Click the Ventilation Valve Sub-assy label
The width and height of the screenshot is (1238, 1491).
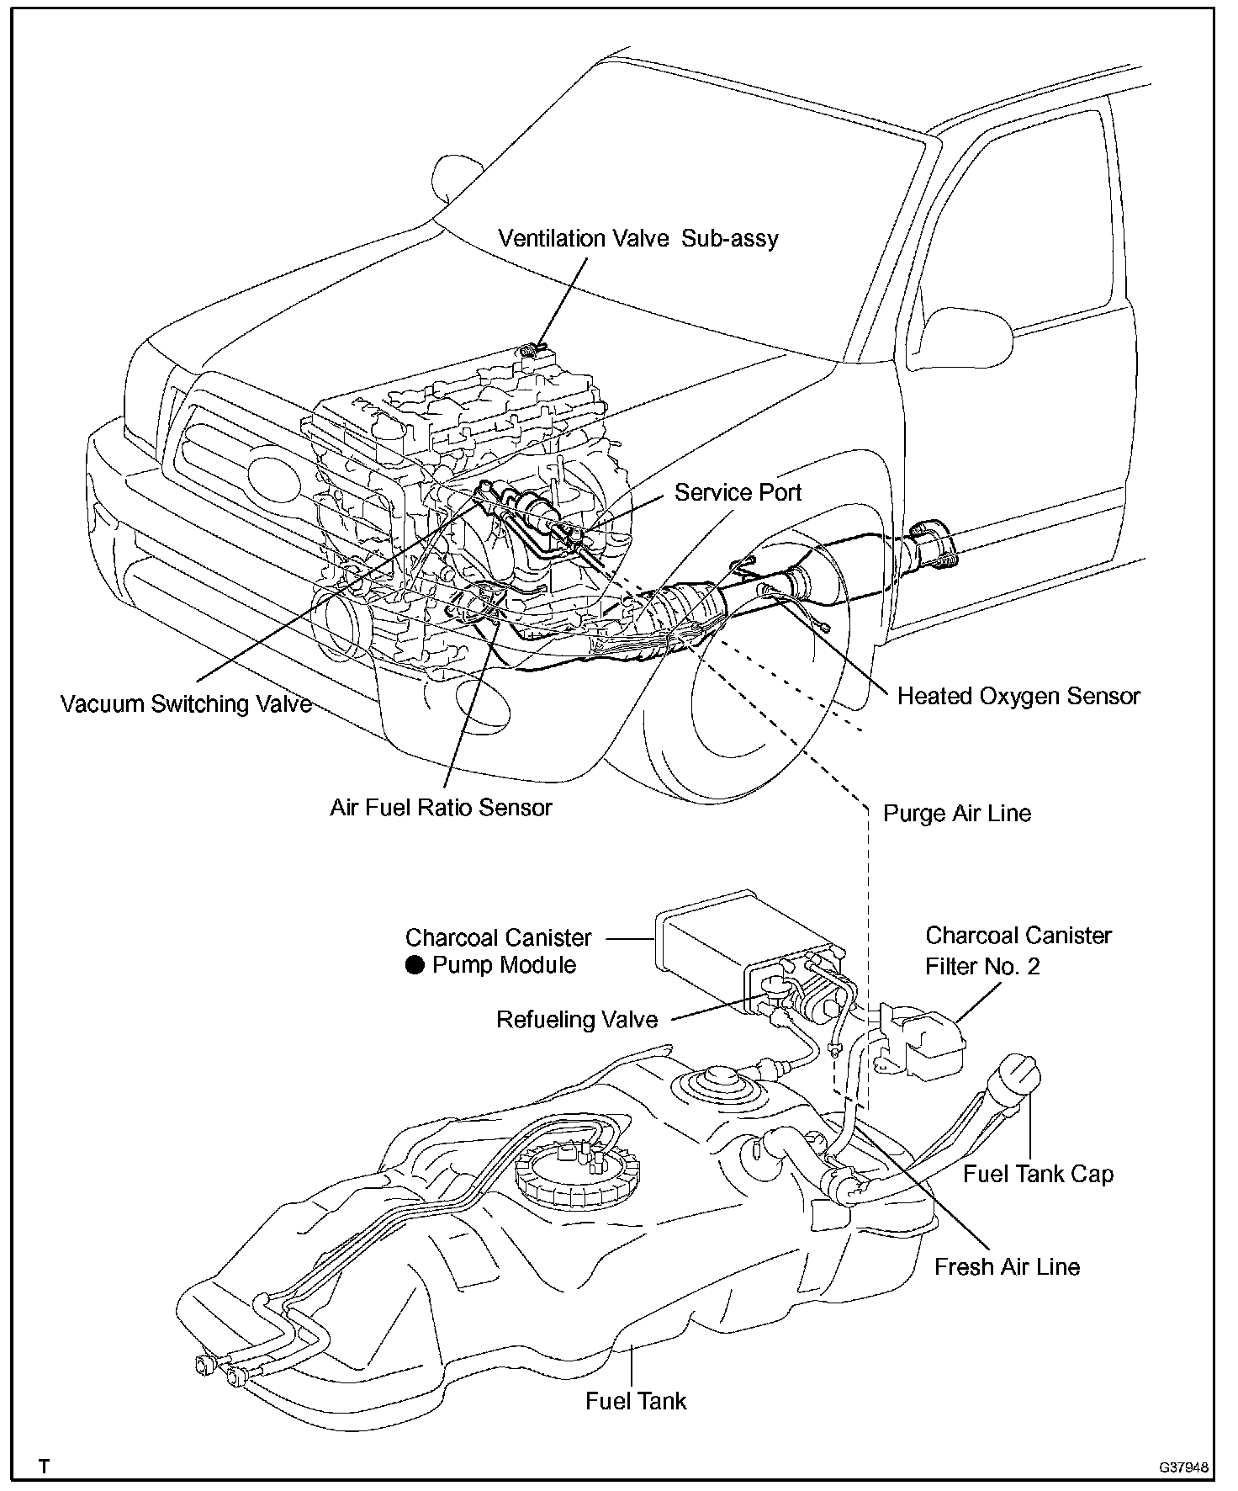point(638,238)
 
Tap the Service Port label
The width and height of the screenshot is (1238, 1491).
point(738,492)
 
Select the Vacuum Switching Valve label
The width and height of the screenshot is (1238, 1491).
point(186,703)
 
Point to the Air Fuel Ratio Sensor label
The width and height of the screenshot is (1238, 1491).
point(441,808)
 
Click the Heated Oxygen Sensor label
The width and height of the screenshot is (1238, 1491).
point(1018,697)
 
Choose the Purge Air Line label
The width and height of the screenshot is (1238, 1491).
point(956,814)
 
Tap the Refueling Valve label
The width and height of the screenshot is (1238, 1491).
point(577,1020)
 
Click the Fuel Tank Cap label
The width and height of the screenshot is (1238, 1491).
point(1038,1174)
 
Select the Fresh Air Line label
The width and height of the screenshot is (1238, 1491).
point(1007,1266)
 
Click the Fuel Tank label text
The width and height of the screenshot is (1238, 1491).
point(636,1401)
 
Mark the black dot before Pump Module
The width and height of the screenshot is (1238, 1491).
point(415,965)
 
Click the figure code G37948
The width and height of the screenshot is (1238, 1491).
point(1184,1467)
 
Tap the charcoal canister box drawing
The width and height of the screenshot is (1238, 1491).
point(723,942)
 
